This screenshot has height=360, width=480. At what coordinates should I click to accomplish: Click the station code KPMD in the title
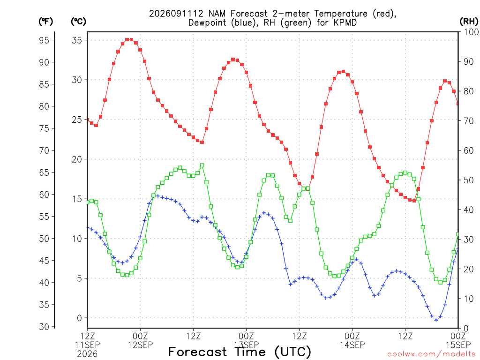pos(344,22)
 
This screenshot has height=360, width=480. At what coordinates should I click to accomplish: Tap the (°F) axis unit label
pos(45,22)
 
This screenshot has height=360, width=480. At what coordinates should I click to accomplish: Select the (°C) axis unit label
pos(78,22)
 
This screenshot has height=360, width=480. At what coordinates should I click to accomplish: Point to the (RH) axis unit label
pos(469,22)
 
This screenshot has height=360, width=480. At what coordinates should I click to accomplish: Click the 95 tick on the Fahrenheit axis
pos(44,40)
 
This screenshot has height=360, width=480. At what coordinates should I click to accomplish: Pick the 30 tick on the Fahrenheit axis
pos(44,327)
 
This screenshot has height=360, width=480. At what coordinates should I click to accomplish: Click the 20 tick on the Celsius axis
pos(77,159)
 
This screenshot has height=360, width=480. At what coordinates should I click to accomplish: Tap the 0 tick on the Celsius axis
pos(79,318)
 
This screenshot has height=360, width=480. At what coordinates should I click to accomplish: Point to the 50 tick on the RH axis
pos(469,180)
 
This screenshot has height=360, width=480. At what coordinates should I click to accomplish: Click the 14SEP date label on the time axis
pos(352,345)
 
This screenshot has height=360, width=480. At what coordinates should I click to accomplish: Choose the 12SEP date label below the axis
pos(140,345)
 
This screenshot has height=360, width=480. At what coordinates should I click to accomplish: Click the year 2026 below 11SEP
pos(87,354)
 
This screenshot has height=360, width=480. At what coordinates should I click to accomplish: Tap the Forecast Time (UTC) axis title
pos(240,352)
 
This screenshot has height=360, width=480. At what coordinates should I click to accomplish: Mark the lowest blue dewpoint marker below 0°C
pos(436,320)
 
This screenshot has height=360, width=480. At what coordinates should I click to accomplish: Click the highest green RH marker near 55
pos(202,165)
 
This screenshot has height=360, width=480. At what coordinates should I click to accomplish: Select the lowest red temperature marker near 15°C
pos(414,201)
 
